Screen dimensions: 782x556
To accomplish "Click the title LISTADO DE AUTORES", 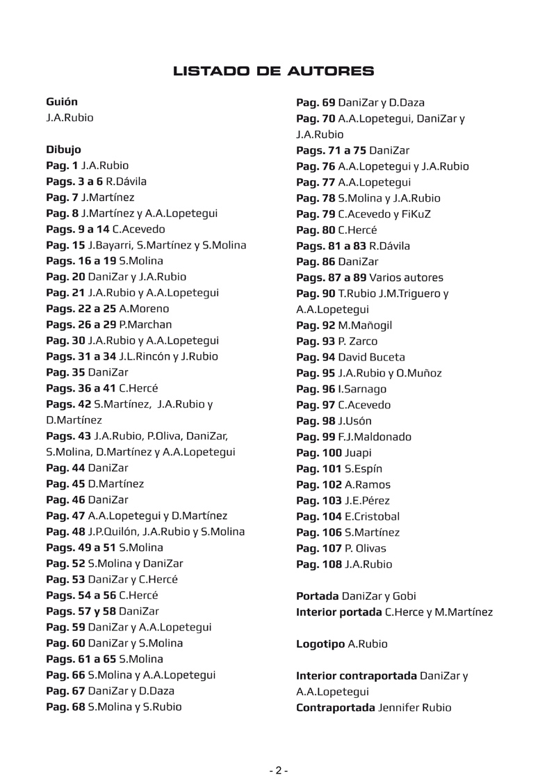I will coord(273,71).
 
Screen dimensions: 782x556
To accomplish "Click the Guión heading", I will coord(62,102).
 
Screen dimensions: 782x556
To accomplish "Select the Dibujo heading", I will coord(63,150).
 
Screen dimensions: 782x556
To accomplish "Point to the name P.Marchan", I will coord(145,324).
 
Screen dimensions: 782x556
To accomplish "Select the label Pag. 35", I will coord(65,372).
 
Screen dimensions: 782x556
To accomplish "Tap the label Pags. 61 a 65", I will coord(81,659).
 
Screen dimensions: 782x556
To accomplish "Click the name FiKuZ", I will coord(416,214).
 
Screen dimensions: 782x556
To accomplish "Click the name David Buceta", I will coord(381,358).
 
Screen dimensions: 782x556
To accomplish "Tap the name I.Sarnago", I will coord(362,389).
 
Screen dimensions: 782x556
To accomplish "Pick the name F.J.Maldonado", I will coord(375,437).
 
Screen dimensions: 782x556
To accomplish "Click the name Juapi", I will coord(358,453).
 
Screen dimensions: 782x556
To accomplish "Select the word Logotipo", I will coord(320,644).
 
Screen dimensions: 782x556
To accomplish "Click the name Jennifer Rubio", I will coord(414,708).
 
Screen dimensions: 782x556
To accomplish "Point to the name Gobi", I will coord(404,596).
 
